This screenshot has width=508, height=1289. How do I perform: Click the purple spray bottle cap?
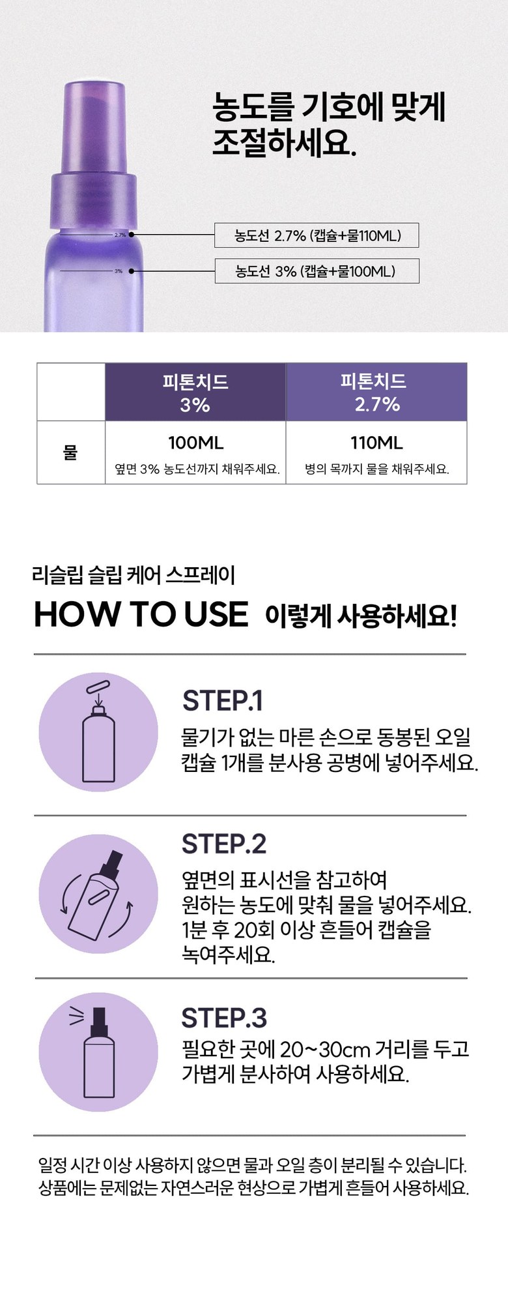[x=95, y=159]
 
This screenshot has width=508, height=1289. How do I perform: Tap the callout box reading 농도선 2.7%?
[x=317, y=235]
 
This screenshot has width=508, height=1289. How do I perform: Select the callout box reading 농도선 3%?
[x=317, y=271]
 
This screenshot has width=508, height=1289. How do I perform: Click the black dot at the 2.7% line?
[x=132, y=235]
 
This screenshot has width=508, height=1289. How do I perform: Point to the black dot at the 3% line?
[x=132, y=271]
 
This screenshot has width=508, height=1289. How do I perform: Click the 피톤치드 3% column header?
[x=195, y=392]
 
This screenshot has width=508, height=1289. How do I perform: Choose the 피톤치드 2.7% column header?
[x=376, y=392]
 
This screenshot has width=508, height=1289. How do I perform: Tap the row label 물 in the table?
[x=70, y=452]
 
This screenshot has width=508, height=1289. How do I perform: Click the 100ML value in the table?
[x=195, y=443]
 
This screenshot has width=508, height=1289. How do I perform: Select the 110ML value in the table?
[x=376, y=443]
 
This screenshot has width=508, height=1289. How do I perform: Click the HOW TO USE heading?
[x=141, y=614]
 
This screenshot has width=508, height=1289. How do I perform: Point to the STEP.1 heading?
[x=223, y=701]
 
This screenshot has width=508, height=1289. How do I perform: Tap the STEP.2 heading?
[x=224, y=844]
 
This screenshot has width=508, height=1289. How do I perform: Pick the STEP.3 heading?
[x=224, y=1018]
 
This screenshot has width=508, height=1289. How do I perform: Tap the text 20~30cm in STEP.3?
[x=316, y=1049]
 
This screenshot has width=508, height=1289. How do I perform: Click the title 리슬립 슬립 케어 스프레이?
[x=134, y=575]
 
